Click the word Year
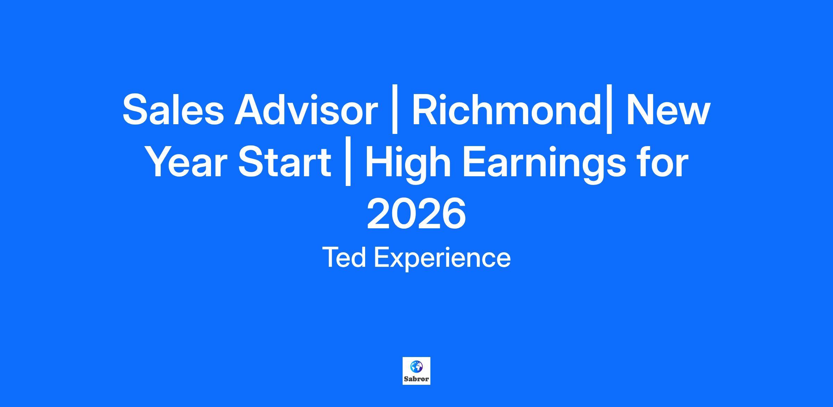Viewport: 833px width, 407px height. (189, 162)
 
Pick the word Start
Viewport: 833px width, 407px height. (285, 162)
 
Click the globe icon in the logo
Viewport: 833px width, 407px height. (416, 366)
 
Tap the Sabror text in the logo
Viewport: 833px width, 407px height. (416, 379)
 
